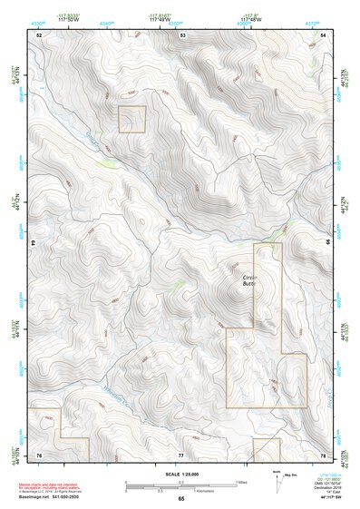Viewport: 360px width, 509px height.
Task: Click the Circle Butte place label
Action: [251, 280]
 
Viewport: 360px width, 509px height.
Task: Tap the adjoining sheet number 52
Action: [39, 34]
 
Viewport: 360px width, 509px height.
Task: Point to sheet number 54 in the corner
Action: [324, 34]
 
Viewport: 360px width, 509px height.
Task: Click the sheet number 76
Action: [39, 454]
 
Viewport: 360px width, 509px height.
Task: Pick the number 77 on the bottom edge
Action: [180, 454]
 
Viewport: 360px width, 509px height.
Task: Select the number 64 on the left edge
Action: [34, 244]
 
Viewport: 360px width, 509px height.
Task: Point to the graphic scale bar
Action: [181, 485]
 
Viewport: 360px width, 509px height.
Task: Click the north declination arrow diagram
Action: [277, 478]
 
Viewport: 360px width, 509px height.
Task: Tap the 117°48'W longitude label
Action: [252, 20]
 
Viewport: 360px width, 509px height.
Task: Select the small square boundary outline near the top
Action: [132, 119]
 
